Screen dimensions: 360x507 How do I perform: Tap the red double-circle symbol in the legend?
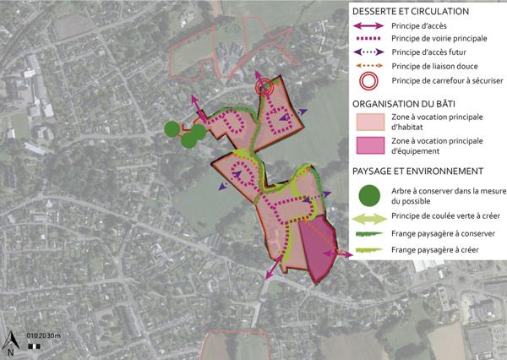(x=369, y=82)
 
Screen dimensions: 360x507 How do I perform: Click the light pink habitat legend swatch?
(x=369, y=123)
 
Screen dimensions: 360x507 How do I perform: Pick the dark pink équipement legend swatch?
(x=369, y=147)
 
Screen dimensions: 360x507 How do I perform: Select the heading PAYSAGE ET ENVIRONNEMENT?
(x=412, y=171)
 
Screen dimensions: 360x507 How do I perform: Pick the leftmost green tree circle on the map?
(x=172, y=128)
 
